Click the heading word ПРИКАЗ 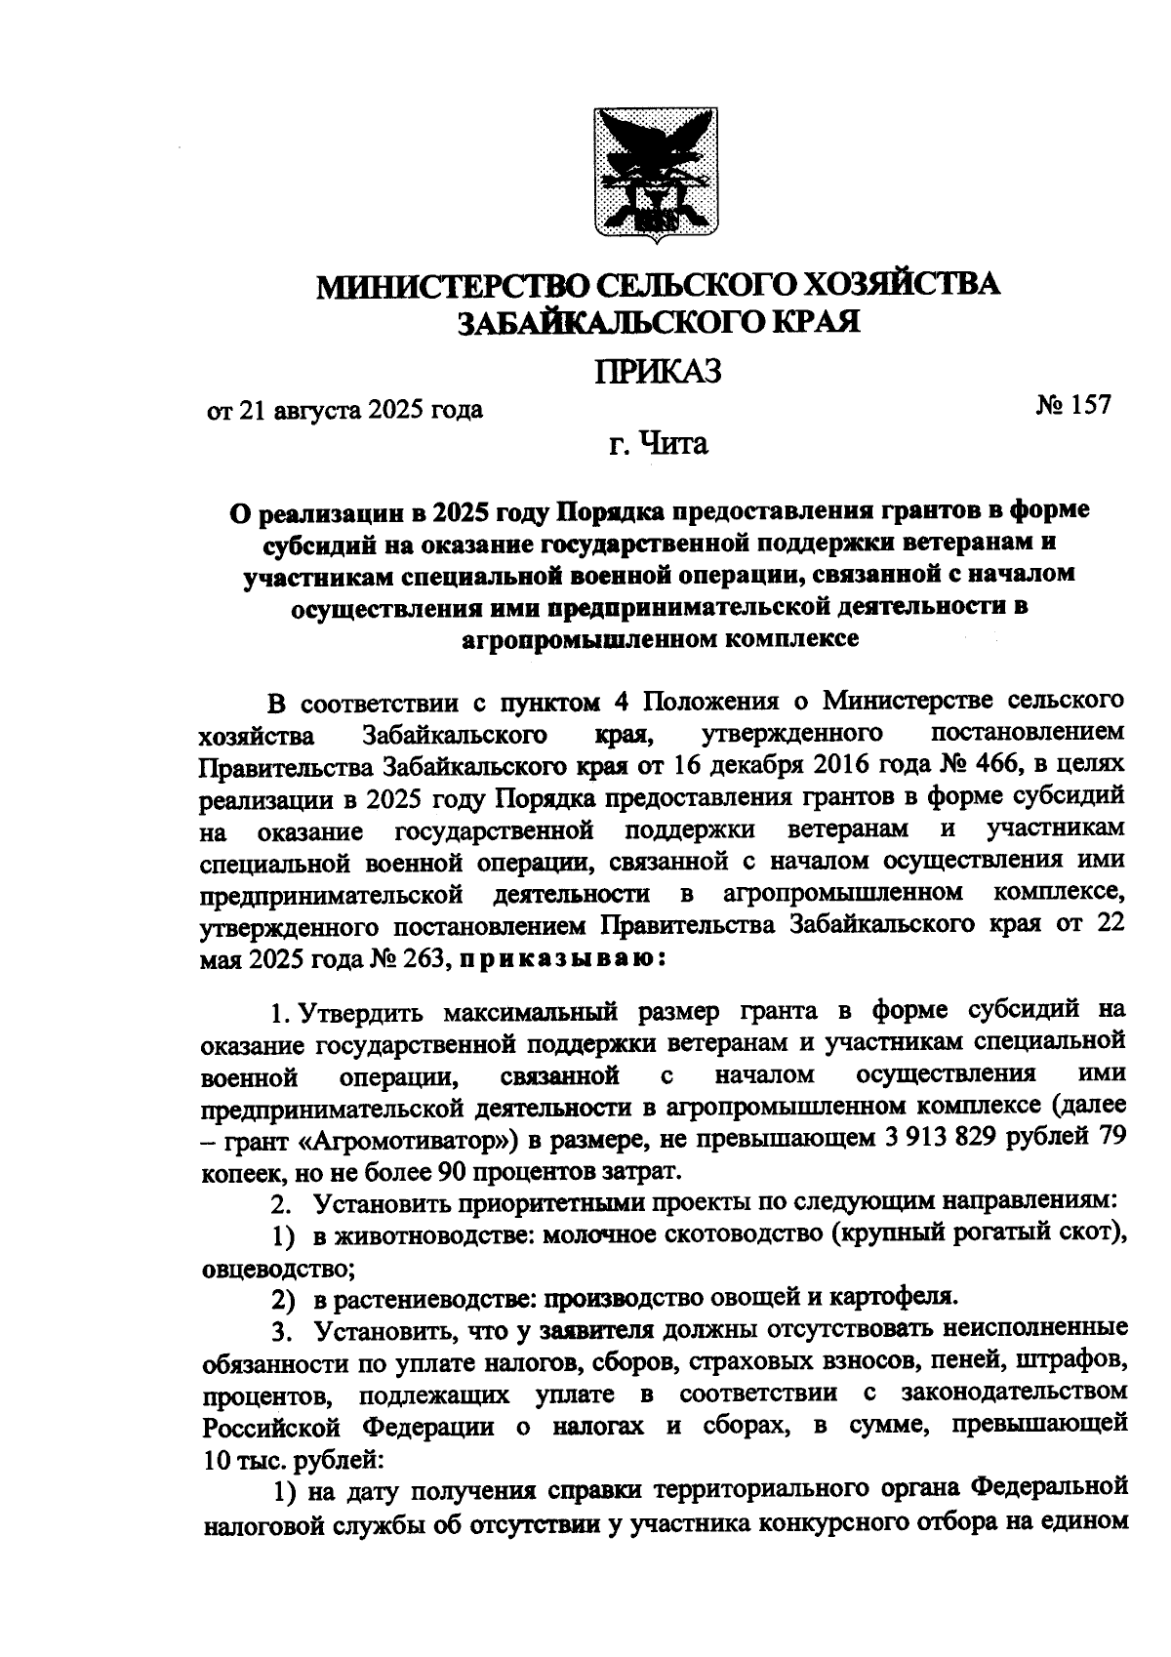coord(659,372)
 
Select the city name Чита coord(671,445)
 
